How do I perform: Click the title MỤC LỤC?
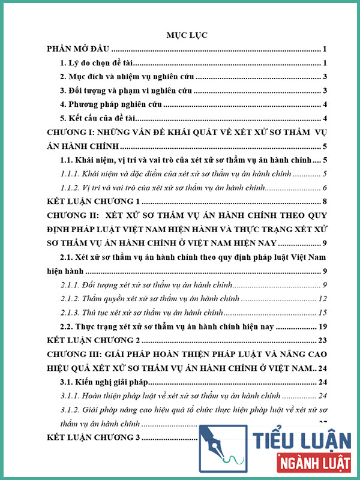point(187,35)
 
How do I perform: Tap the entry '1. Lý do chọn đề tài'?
point(100,62)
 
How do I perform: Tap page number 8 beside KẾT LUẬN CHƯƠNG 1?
point(324,201)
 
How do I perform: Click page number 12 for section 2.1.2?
point(322,298)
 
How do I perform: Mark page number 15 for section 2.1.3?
point(322,312)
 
